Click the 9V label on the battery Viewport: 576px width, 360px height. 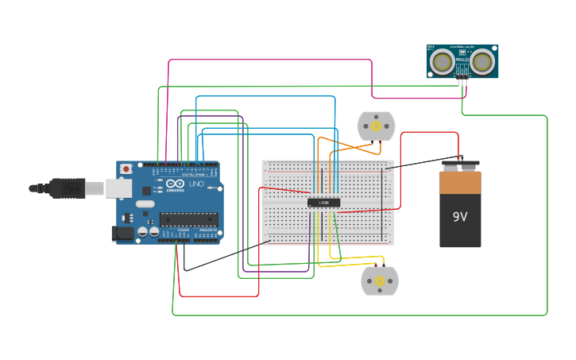point(460,217)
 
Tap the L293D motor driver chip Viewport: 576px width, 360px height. point(323,203)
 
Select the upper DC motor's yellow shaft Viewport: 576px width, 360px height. point(376,126)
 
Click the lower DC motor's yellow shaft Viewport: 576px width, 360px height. point(380,281)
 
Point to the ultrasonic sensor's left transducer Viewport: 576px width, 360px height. point(441,61)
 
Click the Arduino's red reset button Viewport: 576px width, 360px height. point(126,169)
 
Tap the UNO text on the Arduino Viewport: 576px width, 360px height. point(195,184)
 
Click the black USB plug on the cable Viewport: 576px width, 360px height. point(67,188)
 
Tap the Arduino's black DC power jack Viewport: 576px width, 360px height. point(123,233)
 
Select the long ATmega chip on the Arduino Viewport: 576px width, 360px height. point(189,219)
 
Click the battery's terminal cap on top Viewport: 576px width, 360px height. point(460,166)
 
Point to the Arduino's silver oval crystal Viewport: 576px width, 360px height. point(145,204)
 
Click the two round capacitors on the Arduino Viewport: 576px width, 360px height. point(149,232)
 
